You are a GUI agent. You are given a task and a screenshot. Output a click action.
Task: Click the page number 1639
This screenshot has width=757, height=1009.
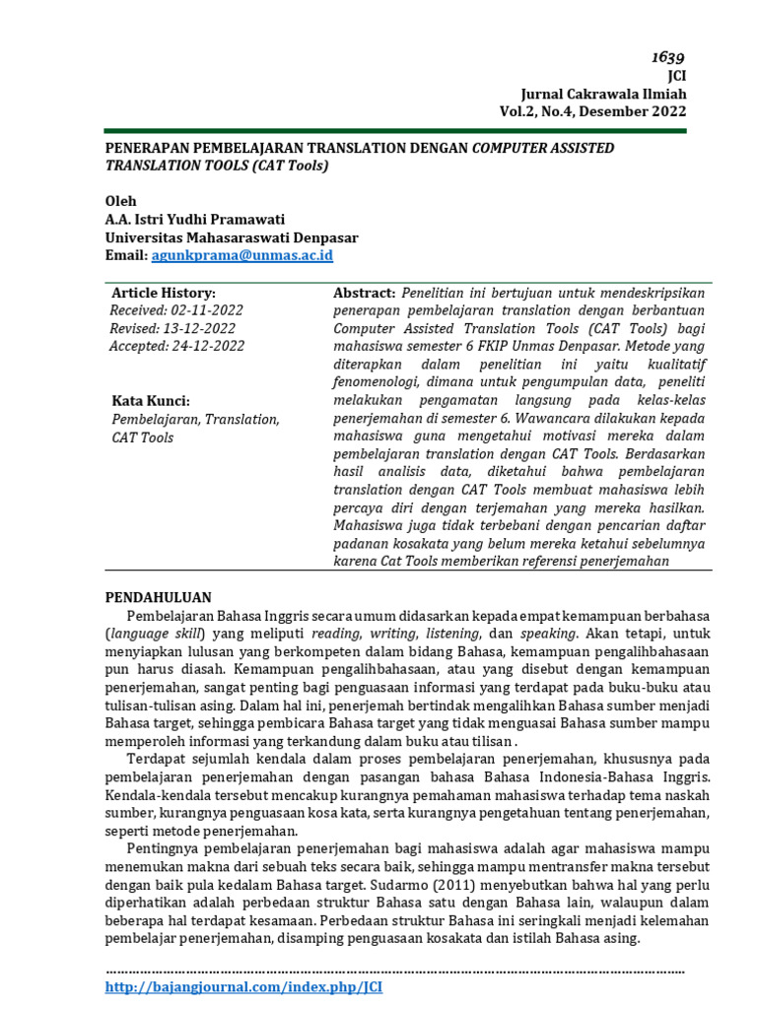666,57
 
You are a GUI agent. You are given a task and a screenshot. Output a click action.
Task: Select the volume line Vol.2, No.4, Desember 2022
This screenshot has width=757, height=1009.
592,111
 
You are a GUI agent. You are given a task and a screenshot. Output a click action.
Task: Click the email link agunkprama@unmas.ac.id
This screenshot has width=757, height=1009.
241,255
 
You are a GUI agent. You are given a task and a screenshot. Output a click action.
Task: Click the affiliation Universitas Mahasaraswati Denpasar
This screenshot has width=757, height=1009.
232,237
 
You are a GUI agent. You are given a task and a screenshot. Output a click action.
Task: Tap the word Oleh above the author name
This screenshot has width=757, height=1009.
121,201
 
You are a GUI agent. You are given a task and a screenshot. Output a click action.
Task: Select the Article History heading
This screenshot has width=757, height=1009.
163,293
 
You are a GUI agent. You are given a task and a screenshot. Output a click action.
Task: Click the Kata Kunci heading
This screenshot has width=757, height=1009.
151,401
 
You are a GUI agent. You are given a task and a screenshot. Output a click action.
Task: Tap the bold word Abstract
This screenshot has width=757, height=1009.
364,293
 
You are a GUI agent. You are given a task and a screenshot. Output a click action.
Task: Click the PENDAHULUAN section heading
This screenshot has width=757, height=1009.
158,597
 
